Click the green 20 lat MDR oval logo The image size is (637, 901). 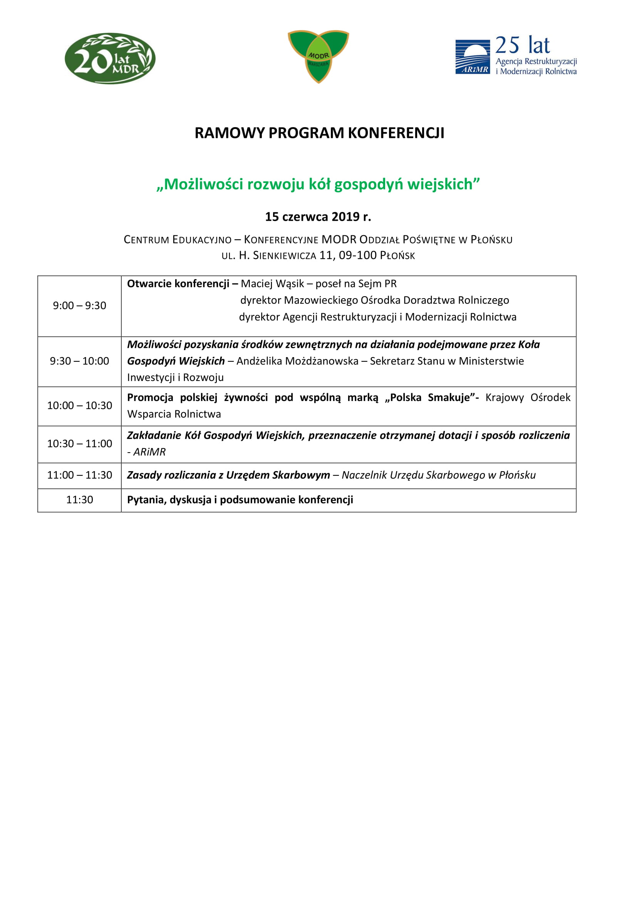(110, 59)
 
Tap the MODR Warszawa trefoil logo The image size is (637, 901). (318, 56)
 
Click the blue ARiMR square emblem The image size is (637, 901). (472, 57)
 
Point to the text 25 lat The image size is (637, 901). (522, 45)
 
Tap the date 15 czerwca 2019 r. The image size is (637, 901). (318, 216)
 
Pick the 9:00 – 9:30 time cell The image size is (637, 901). (80, 306)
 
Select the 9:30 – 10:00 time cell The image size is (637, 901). (80, 361)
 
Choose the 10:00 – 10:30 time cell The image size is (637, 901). (80, 405)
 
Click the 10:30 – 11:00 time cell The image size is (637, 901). (80, 443)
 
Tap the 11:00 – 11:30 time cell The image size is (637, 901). (80, 475)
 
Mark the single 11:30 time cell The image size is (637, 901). (80, 500)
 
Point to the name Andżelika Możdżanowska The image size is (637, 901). (297, 361)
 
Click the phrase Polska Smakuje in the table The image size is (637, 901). (430, 398)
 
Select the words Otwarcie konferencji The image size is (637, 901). (178, 284)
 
